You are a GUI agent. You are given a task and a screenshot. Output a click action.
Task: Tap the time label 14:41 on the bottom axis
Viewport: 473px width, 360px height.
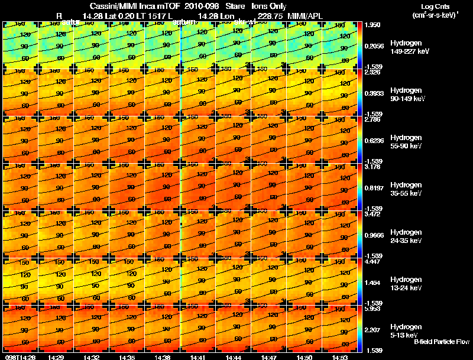tap(197, 357)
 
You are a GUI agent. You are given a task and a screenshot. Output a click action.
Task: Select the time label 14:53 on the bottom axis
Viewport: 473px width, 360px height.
tap(339, 357)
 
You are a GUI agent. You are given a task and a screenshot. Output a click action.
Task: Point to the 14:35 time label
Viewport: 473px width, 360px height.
tap(126, 357)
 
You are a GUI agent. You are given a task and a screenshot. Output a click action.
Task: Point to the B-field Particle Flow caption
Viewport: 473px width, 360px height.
tap(441, 342)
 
